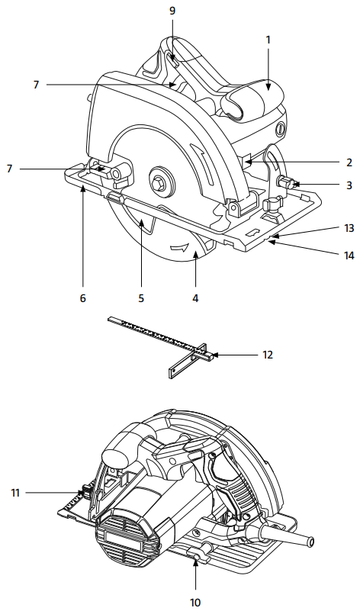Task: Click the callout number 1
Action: coord(268,39)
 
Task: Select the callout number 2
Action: coord(348,162)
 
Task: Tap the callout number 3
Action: coord(348,185)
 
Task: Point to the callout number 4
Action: coord(195,299)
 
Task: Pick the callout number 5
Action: coord(141,299)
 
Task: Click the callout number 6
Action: coord(82,299)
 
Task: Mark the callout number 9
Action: coord(172,11)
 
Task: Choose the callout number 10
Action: coord(195,602)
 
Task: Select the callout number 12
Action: coord(267,355)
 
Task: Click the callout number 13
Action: coord(349,228)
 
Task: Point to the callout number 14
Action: coord(349,255)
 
